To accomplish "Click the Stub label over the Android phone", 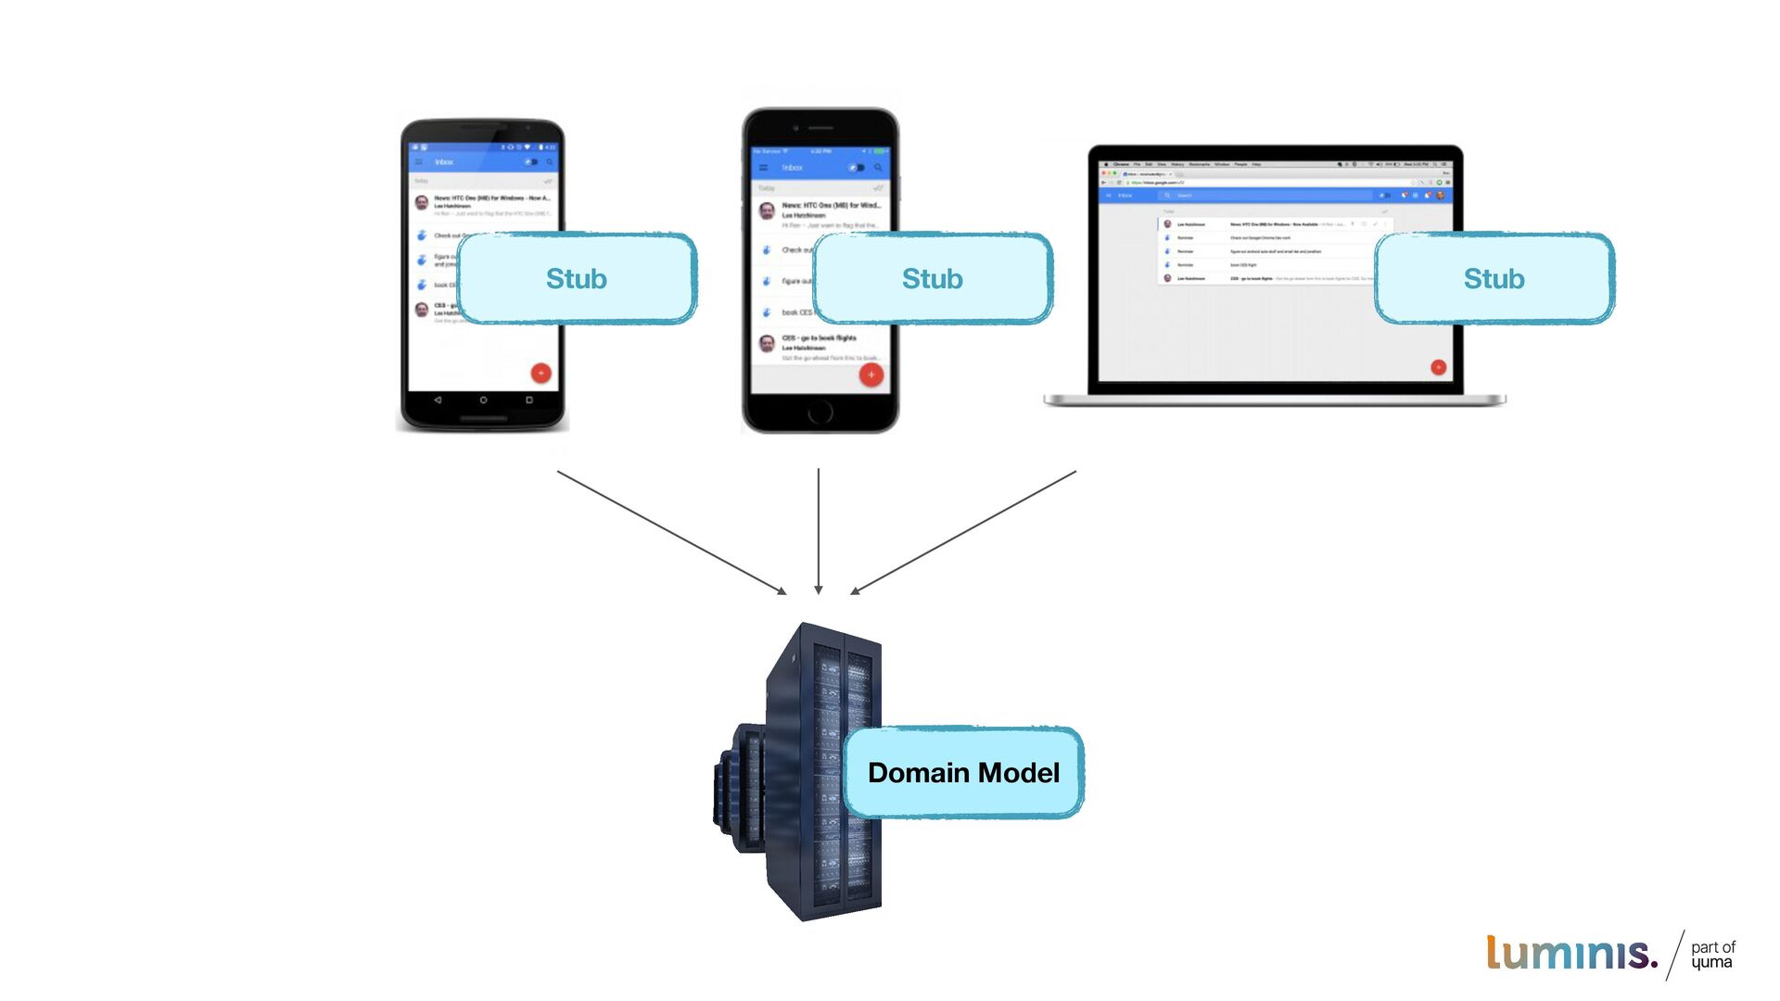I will [x=576, y=278].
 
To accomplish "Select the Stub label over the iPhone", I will [x=932, y=278].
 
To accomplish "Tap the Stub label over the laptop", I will [x=1494, y=278].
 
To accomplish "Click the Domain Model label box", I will [x=963, y=772].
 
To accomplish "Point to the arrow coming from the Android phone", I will [x=671, y=532].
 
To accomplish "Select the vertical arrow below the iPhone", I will [x=818, y=530].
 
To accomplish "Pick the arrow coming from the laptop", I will [x=963, y=532].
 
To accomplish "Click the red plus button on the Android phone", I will [x=540, y=373].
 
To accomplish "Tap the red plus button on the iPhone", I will [x=871, y=374].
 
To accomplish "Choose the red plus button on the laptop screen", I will [x=1438, y=367].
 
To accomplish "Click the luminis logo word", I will [x=1571, y=953].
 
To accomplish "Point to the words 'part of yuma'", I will [x=1712, y=955].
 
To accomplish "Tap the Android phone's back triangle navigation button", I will [x=438, y=400].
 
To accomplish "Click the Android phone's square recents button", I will [x=529, y=400].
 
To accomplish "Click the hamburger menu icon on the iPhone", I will [x=764, y=168].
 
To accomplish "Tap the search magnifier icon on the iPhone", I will [x=878, y=168].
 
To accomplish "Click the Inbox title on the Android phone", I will [x=445, y=162].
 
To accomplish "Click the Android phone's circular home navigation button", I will [x=483, y=400].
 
